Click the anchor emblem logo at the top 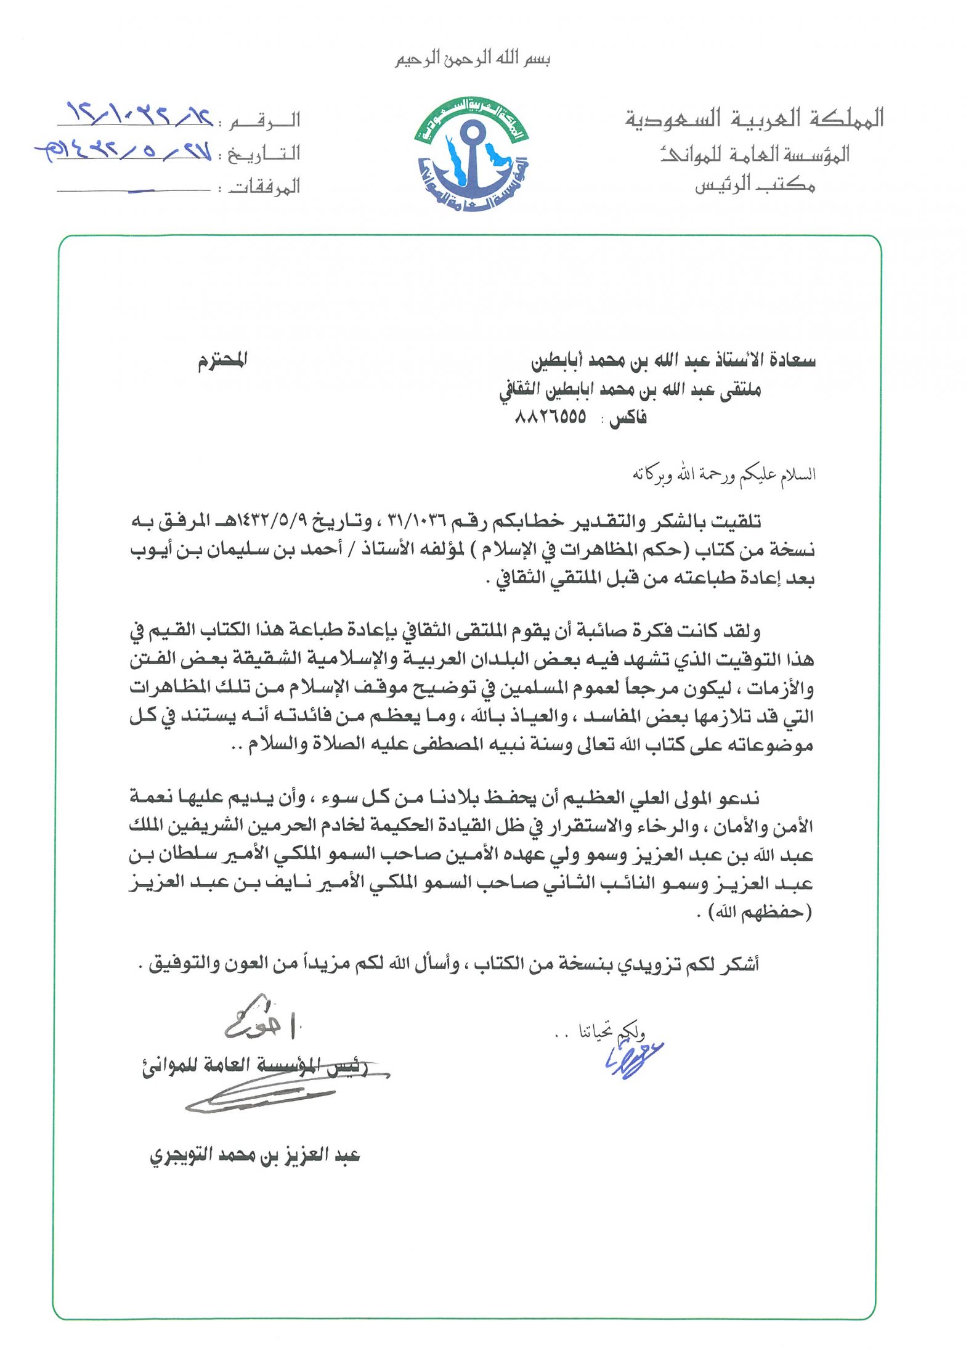point(472,155)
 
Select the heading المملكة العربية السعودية point(755,118)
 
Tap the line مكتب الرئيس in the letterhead point(755,184)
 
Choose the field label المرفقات point(265,187)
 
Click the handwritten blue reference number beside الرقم point(139,114)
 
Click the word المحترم point(222,360)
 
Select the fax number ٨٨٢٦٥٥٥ point(550,417)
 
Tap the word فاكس point(628,418)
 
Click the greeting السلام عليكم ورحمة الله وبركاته point(724,474)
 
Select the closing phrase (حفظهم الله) point(760,912)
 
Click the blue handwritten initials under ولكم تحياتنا point(633,1060)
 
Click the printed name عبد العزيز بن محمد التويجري point(254,1155)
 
